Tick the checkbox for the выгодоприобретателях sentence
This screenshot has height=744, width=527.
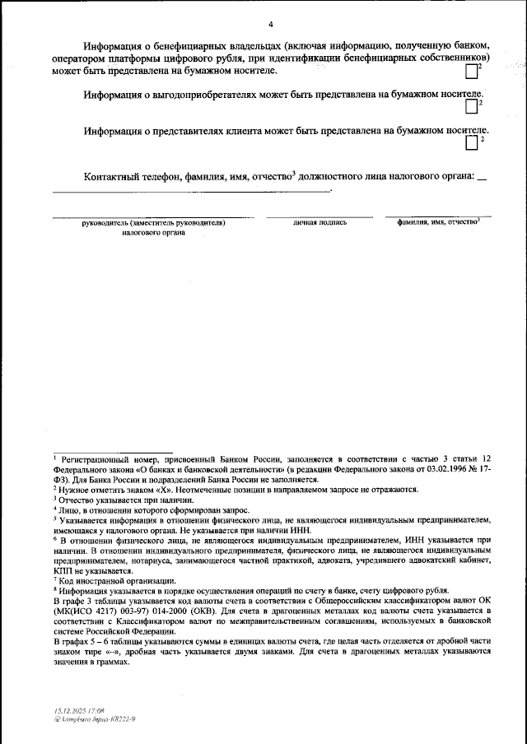(471, 106)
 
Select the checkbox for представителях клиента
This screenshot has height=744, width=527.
(471, 143)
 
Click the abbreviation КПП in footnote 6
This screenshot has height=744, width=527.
(63, 570)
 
